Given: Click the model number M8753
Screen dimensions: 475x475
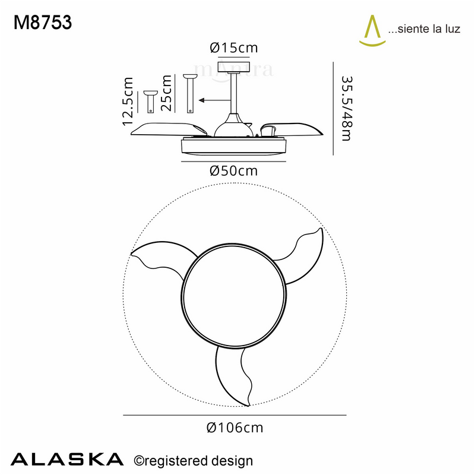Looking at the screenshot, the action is pos(43,23).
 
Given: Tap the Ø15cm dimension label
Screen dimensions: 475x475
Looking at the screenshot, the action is pos(234,47).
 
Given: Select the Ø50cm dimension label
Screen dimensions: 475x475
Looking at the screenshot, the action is pos(233,171).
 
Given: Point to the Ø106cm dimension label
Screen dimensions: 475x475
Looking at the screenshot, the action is pos(235,427).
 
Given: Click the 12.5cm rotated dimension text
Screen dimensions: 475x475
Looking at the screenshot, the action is pos(128,101).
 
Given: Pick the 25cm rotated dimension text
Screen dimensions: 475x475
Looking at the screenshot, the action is pos(166,93).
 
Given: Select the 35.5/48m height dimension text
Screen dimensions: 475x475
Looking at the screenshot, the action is pos(347,109).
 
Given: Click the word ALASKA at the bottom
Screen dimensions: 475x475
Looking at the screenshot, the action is pos(67,460).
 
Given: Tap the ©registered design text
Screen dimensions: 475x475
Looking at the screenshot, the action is pos(194,461).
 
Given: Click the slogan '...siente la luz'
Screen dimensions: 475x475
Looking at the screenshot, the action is pos(424,28).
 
